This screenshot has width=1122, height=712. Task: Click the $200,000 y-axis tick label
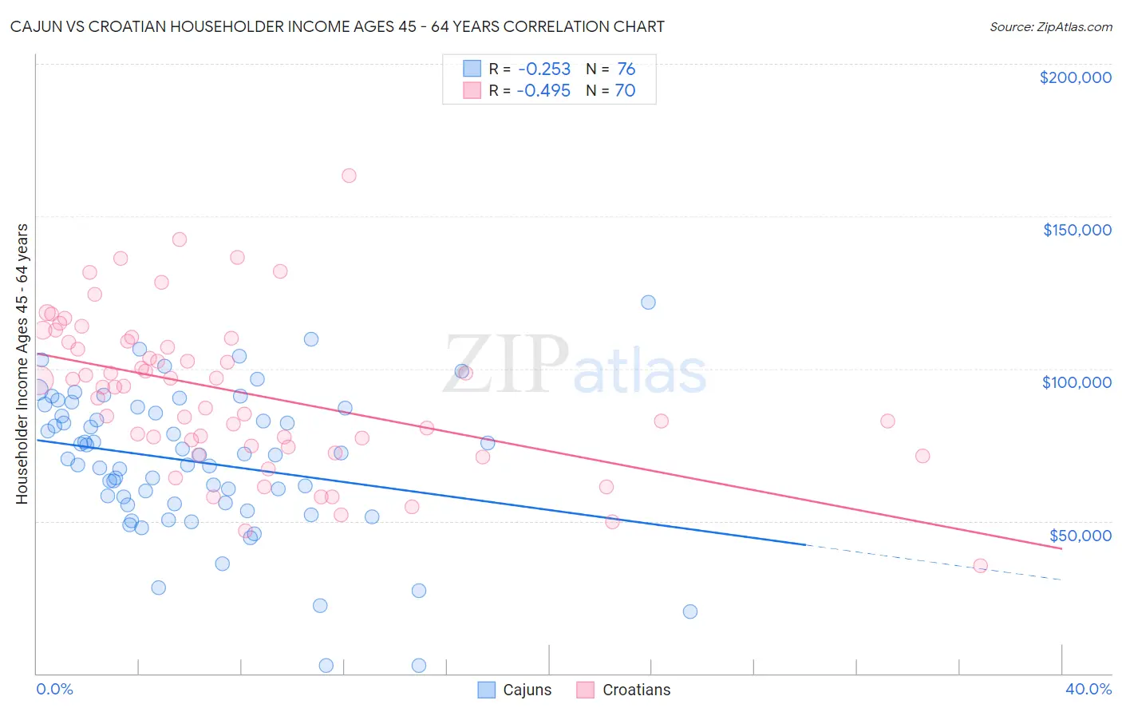click(x=1075, y=77)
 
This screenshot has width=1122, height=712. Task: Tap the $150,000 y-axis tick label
click(x=1077, y=230)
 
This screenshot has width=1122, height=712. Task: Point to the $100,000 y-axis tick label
click(x=1077, y=382)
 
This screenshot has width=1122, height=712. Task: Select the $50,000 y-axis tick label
click(x=1080, y=536)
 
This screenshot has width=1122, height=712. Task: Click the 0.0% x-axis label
click(x=54, y=690)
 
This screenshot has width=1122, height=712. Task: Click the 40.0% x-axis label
click(x=1088, y=690)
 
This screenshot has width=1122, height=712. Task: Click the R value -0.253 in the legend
click(x=543, y=69)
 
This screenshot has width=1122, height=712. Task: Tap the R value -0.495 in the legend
click(x=543, y=91)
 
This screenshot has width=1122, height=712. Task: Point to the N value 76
click(x=626, y=69)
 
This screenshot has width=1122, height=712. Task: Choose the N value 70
click(x=625, y=91)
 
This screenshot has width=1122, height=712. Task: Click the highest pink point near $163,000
click(x=349, y=176)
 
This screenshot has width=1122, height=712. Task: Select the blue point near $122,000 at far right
click(x=648, y=303)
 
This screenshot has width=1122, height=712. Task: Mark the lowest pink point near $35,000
click(x=980, y=566)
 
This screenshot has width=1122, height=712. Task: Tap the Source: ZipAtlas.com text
click(x=1050, y=27)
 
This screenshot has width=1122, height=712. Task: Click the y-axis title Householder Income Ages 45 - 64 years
click(x=22, y=364)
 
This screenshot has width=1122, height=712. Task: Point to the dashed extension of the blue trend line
click(x=934, y=563)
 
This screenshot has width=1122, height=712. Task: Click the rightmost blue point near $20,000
click(x=690, y=611)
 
